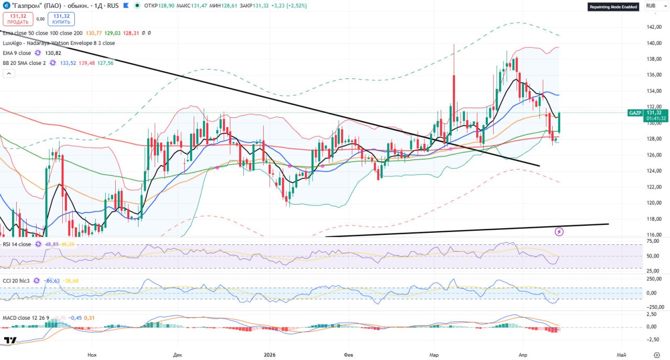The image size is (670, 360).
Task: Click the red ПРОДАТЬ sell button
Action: point(18,19)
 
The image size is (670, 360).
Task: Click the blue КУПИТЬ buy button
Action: point(61,19)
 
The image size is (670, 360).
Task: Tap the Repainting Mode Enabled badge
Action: point(613,7)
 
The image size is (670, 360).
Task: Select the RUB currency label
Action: point(651,6)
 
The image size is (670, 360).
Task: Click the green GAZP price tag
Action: point(635,113)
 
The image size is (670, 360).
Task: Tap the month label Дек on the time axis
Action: point(177,355)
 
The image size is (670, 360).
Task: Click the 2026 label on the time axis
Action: point(270,355)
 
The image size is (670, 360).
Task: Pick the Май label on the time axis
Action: point(622,355)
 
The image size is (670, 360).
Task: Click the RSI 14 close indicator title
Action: point(17,244)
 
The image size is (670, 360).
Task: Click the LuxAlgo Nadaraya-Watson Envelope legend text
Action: point(59,43)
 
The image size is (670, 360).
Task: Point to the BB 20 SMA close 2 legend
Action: point(24,63)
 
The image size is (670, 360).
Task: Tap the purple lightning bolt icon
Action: point(559,231)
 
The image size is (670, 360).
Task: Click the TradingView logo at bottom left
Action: point(9,341)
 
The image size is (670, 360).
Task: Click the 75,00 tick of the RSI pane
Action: point(652,241)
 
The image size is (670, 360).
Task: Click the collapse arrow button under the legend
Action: point(8,74)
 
